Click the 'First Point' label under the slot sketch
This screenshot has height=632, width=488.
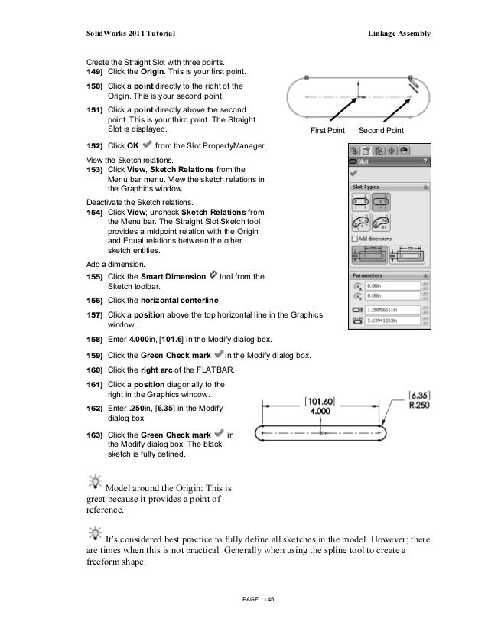(x=327, y=132)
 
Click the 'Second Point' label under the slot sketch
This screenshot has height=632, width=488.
(x=382, y=132)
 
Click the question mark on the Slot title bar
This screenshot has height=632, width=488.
(x=425, y=161)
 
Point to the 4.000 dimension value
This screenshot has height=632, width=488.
(x=320, y=410)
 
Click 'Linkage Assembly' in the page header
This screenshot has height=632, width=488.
(x=399, y=34)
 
